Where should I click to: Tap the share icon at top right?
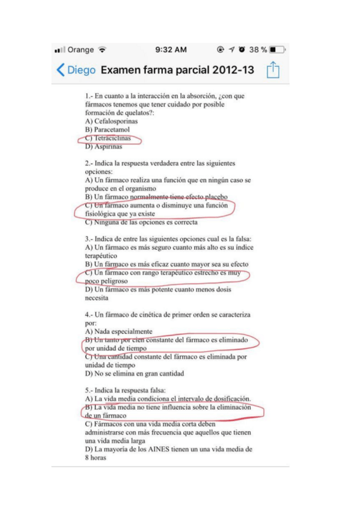pos(273,70)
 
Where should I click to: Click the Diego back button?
pos(76,70)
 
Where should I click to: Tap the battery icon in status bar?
pos(277,49)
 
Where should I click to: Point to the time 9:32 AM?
pos(171,49)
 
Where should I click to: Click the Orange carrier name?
pos(81,49)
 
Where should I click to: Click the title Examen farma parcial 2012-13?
pos(177,70)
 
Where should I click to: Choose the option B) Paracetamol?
pos(108,129)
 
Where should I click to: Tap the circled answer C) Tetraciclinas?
pos(109,138)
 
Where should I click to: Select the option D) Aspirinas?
pos(104,146)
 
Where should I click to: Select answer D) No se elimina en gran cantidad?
pos(135,373)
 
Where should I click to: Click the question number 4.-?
pos(90,315)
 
